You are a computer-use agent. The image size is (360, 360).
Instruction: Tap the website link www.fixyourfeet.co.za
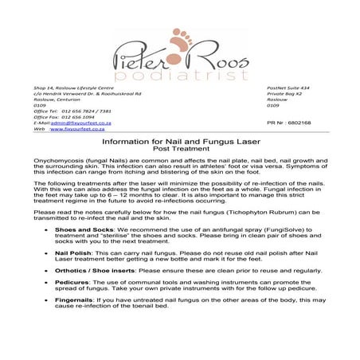pyautogui.click(x=84, y=130)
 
